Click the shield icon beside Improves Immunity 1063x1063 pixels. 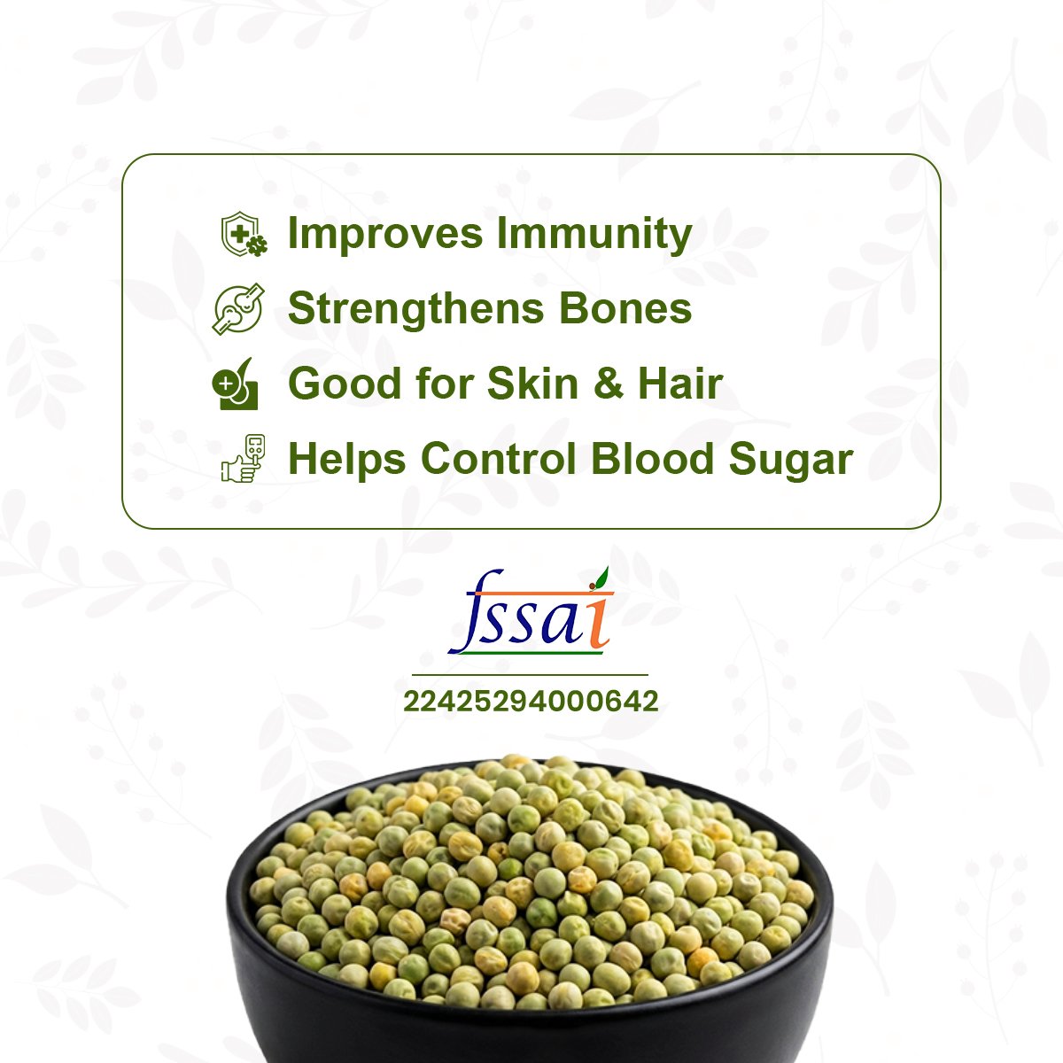tap(244, 234)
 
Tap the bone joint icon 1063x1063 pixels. tap(238, 309)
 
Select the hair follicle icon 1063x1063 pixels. tap(236, 384)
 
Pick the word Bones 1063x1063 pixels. tap(625, 308)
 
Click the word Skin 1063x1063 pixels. tap(533, 384)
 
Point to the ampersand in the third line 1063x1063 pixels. tap(609, 384)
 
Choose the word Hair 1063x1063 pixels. tap(680, 384)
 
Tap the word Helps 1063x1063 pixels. tap(347, 460)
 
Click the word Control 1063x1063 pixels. tap(498, 458)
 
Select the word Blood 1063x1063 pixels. tap(653, 458)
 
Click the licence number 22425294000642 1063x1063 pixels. tap(531, 702)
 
